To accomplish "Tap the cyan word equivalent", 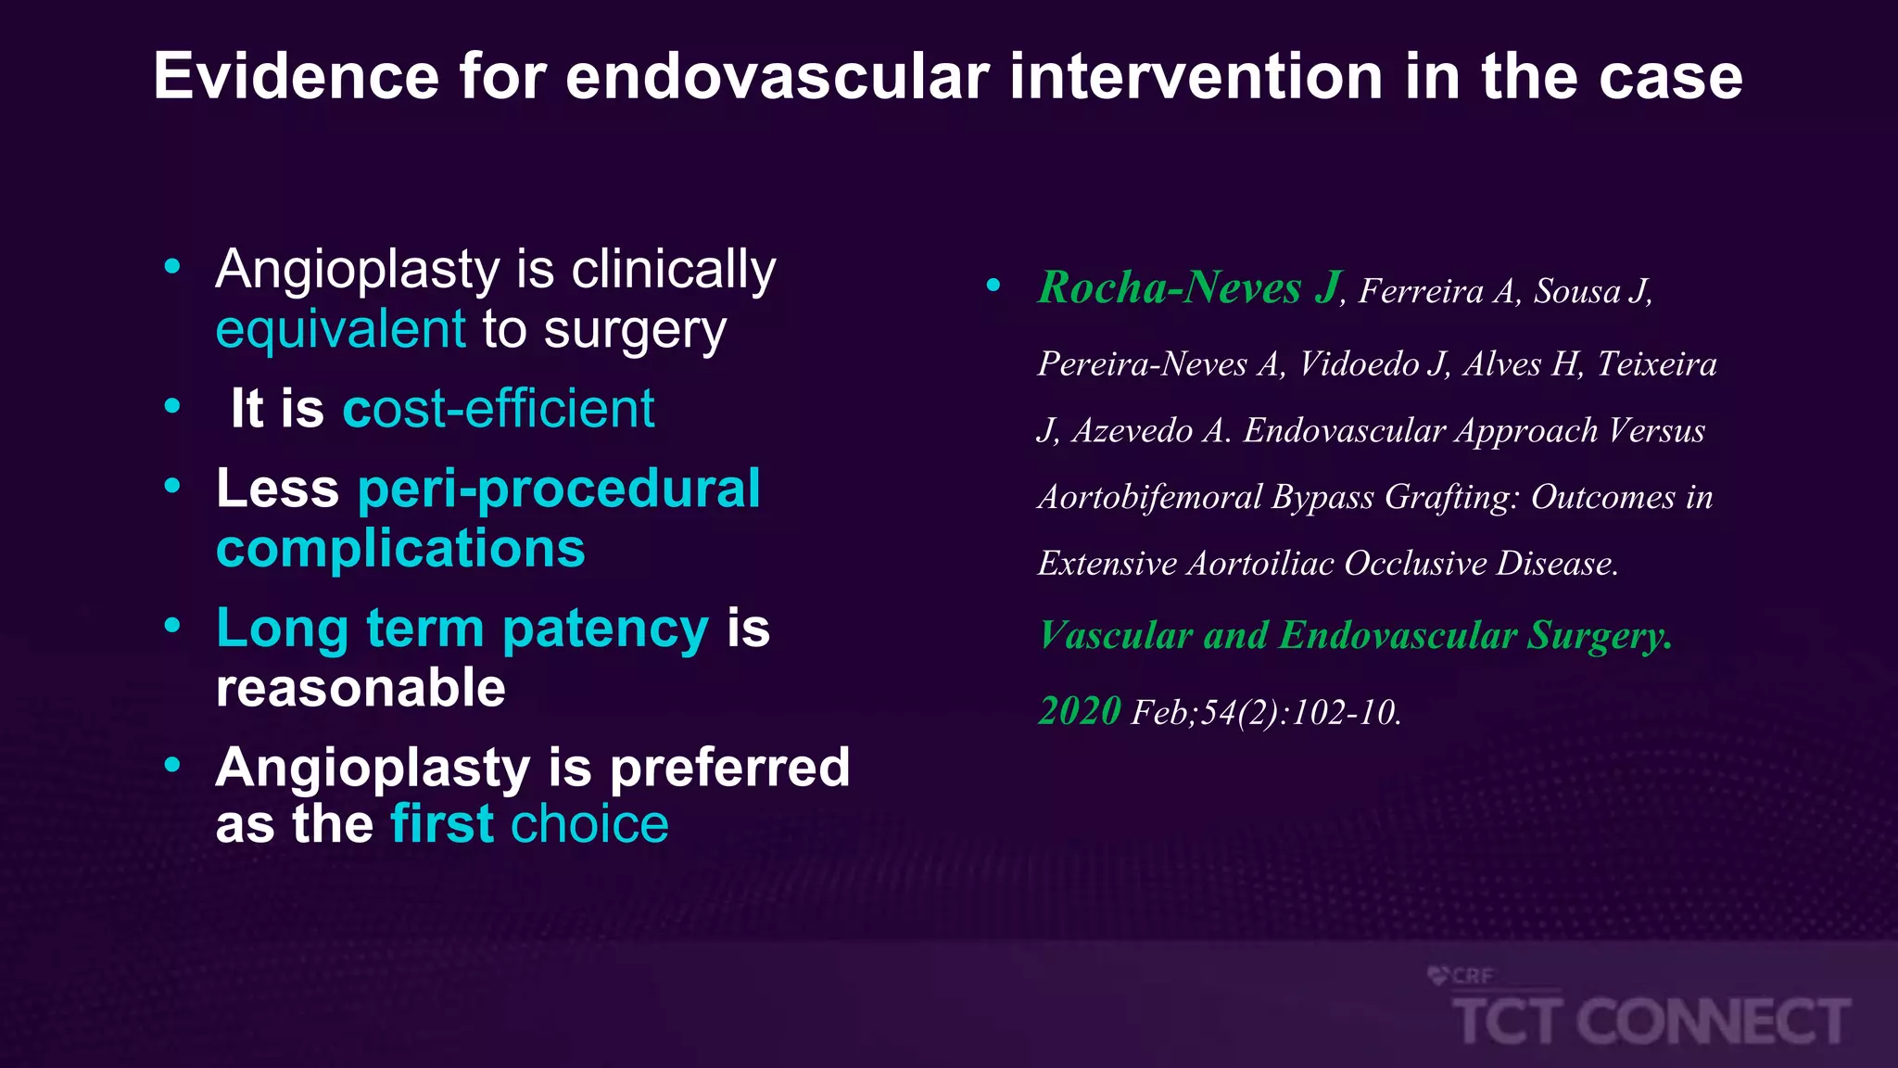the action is (340, 329).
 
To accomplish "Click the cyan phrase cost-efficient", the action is (499, 408).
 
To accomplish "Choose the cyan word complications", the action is (400, 549).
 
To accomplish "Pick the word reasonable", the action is (361, 688).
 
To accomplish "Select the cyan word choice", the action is (589, 823).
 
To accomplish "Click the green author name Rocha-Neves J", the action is (1190, 287).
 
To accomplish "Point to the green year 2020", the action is (1080, 711).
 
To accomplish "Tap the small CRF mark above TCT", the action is (1461, 975).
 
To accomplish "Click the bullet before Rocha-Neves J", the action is (993, 286).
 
